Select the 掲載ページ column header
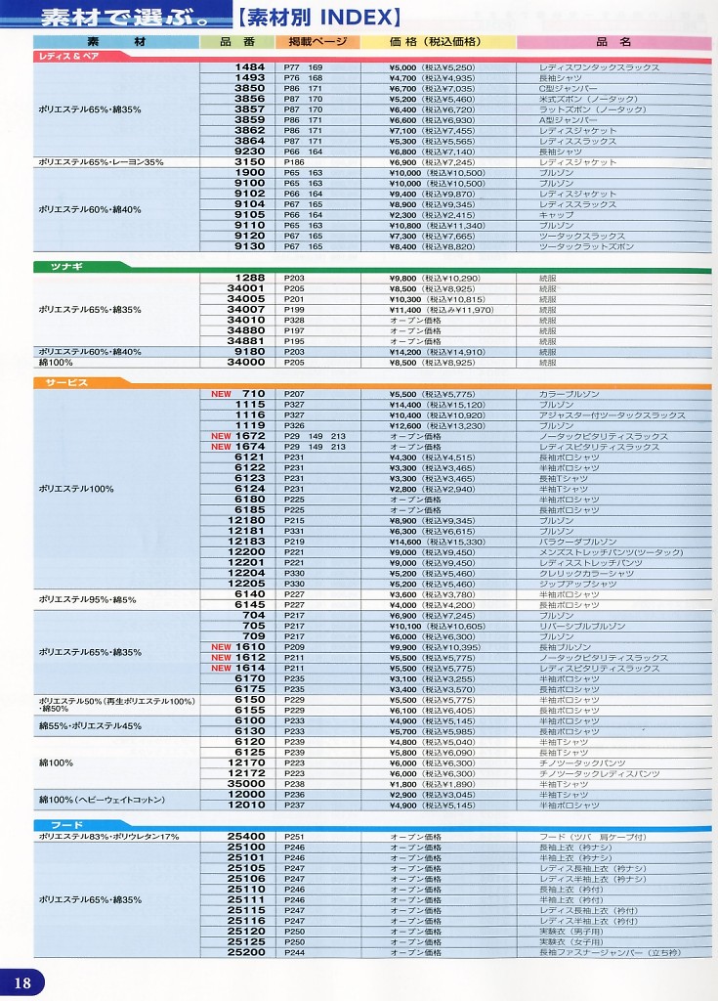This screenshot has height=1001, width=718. [312, 42]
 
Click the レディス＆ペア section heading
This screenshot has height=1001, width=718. [62, 57]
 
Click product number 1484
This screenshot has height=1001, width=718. [250, 67]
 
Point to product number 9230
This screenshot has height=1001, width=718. [250, 152]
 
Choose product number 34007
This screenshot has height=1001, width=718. [246, 310]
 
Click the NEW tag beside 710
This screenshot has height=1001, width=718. [221, 394]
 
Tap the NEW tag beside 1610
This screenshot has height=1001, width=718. [221, 647]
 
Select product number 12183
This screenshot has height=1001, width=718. [246, 542]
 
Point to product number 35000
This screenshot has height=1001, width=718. [246, 784]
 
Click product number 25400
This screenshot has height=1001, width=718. [246, 837]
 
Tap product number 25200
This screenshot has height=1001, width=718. [246, 952]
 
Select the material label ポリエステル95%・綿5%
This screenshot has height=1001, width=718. [88, 599]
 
